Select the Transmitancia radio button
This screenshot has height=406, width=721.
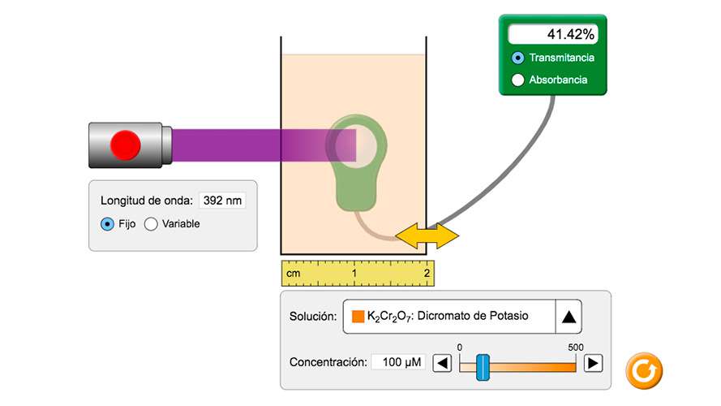click(518, 58)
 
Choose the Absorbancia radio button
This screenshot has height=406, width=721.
click(518, 80)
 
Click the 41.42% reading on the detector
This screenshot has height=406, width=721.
click(553, 35)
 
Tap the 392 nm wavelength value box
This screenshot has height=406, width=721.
click(222, 201)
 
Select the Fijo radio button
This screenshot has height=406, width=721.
click(107, 224)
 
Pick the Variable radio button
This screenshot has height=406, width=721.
click(151, 224)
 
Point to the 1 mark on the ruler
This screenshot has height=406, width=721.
click(354, 274)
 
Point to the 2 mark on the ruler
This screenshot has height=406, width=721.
click(427, 274)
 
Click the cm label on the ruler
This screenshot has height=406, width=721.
click(294, 274)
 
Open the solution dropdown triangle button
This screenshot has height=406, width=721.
click(569, 317)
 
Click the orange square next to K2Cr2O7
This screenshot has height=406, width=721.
click(358, 317)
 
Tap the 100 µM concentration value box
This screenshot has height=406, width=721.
click(398, 362)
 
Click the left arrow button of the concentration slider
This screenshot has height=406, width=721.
click(442, 363)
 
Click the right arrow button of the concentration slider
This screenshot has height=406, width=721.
click(594, 363)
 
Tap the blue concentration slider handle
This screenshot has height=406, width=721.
click(483, 367)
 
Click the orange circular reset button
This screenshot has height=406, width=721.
click(644, 371)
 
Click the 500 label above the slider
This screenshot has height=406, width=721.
click(576, 347)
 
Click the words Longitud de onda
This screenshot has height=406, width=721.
click(147, 201)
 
